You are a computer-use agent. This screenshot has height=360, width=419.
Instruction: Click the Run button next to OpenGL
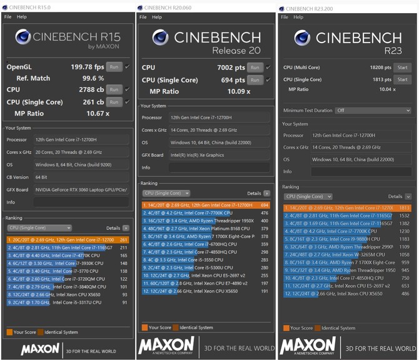[x=113, y=66]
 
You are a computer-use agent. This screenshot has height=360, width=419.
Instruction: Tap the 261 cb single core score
[x=92, y=102]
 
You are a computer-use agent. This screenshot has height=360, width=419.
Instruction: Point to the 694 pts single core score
[x=233, y=80]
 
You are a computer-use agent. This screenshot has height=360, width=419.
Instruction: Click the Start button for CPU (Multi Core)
[x=402, y=67]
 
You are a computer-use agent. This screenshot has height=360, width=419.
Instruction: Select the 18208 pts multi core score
[x=380, y=67]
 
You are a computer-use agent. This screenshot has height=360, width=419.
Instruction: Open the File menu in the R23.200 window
[x=285, y=17]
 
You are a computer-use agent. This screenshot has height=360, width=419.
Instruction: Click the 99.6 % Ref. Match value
[x=93, y=78]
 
